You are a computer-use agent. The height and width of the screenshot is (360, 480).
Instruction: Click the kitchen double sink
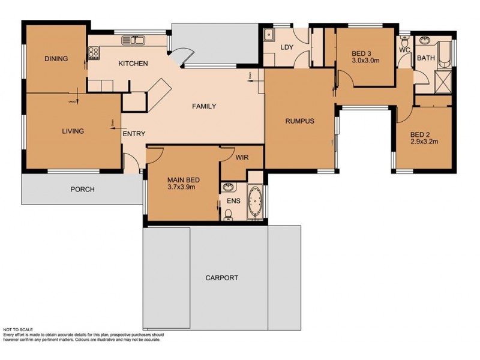[x=132, y=40]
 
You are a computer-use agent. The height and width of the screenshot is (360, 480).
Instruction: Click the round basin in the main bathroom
[x=427, y=41]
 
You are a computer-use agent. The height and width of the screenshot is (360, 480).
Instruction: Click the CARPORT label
[x=221, y=278]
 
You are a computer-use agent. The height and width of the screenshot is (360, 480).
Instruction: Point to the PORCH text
[x=82, y=190]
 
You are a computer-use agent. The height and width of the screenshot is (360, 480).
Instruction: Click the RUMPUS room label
[x=299, y=121]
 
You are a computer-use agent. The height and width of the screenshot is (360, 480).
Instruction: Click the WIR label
[x=242, y=158]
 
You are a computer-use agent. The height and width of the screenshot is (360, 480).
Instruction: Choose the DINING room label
[x=56, y=59]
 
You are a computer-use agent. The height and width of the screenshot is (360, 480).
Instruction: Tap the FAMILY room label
[x=204, y=106]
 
